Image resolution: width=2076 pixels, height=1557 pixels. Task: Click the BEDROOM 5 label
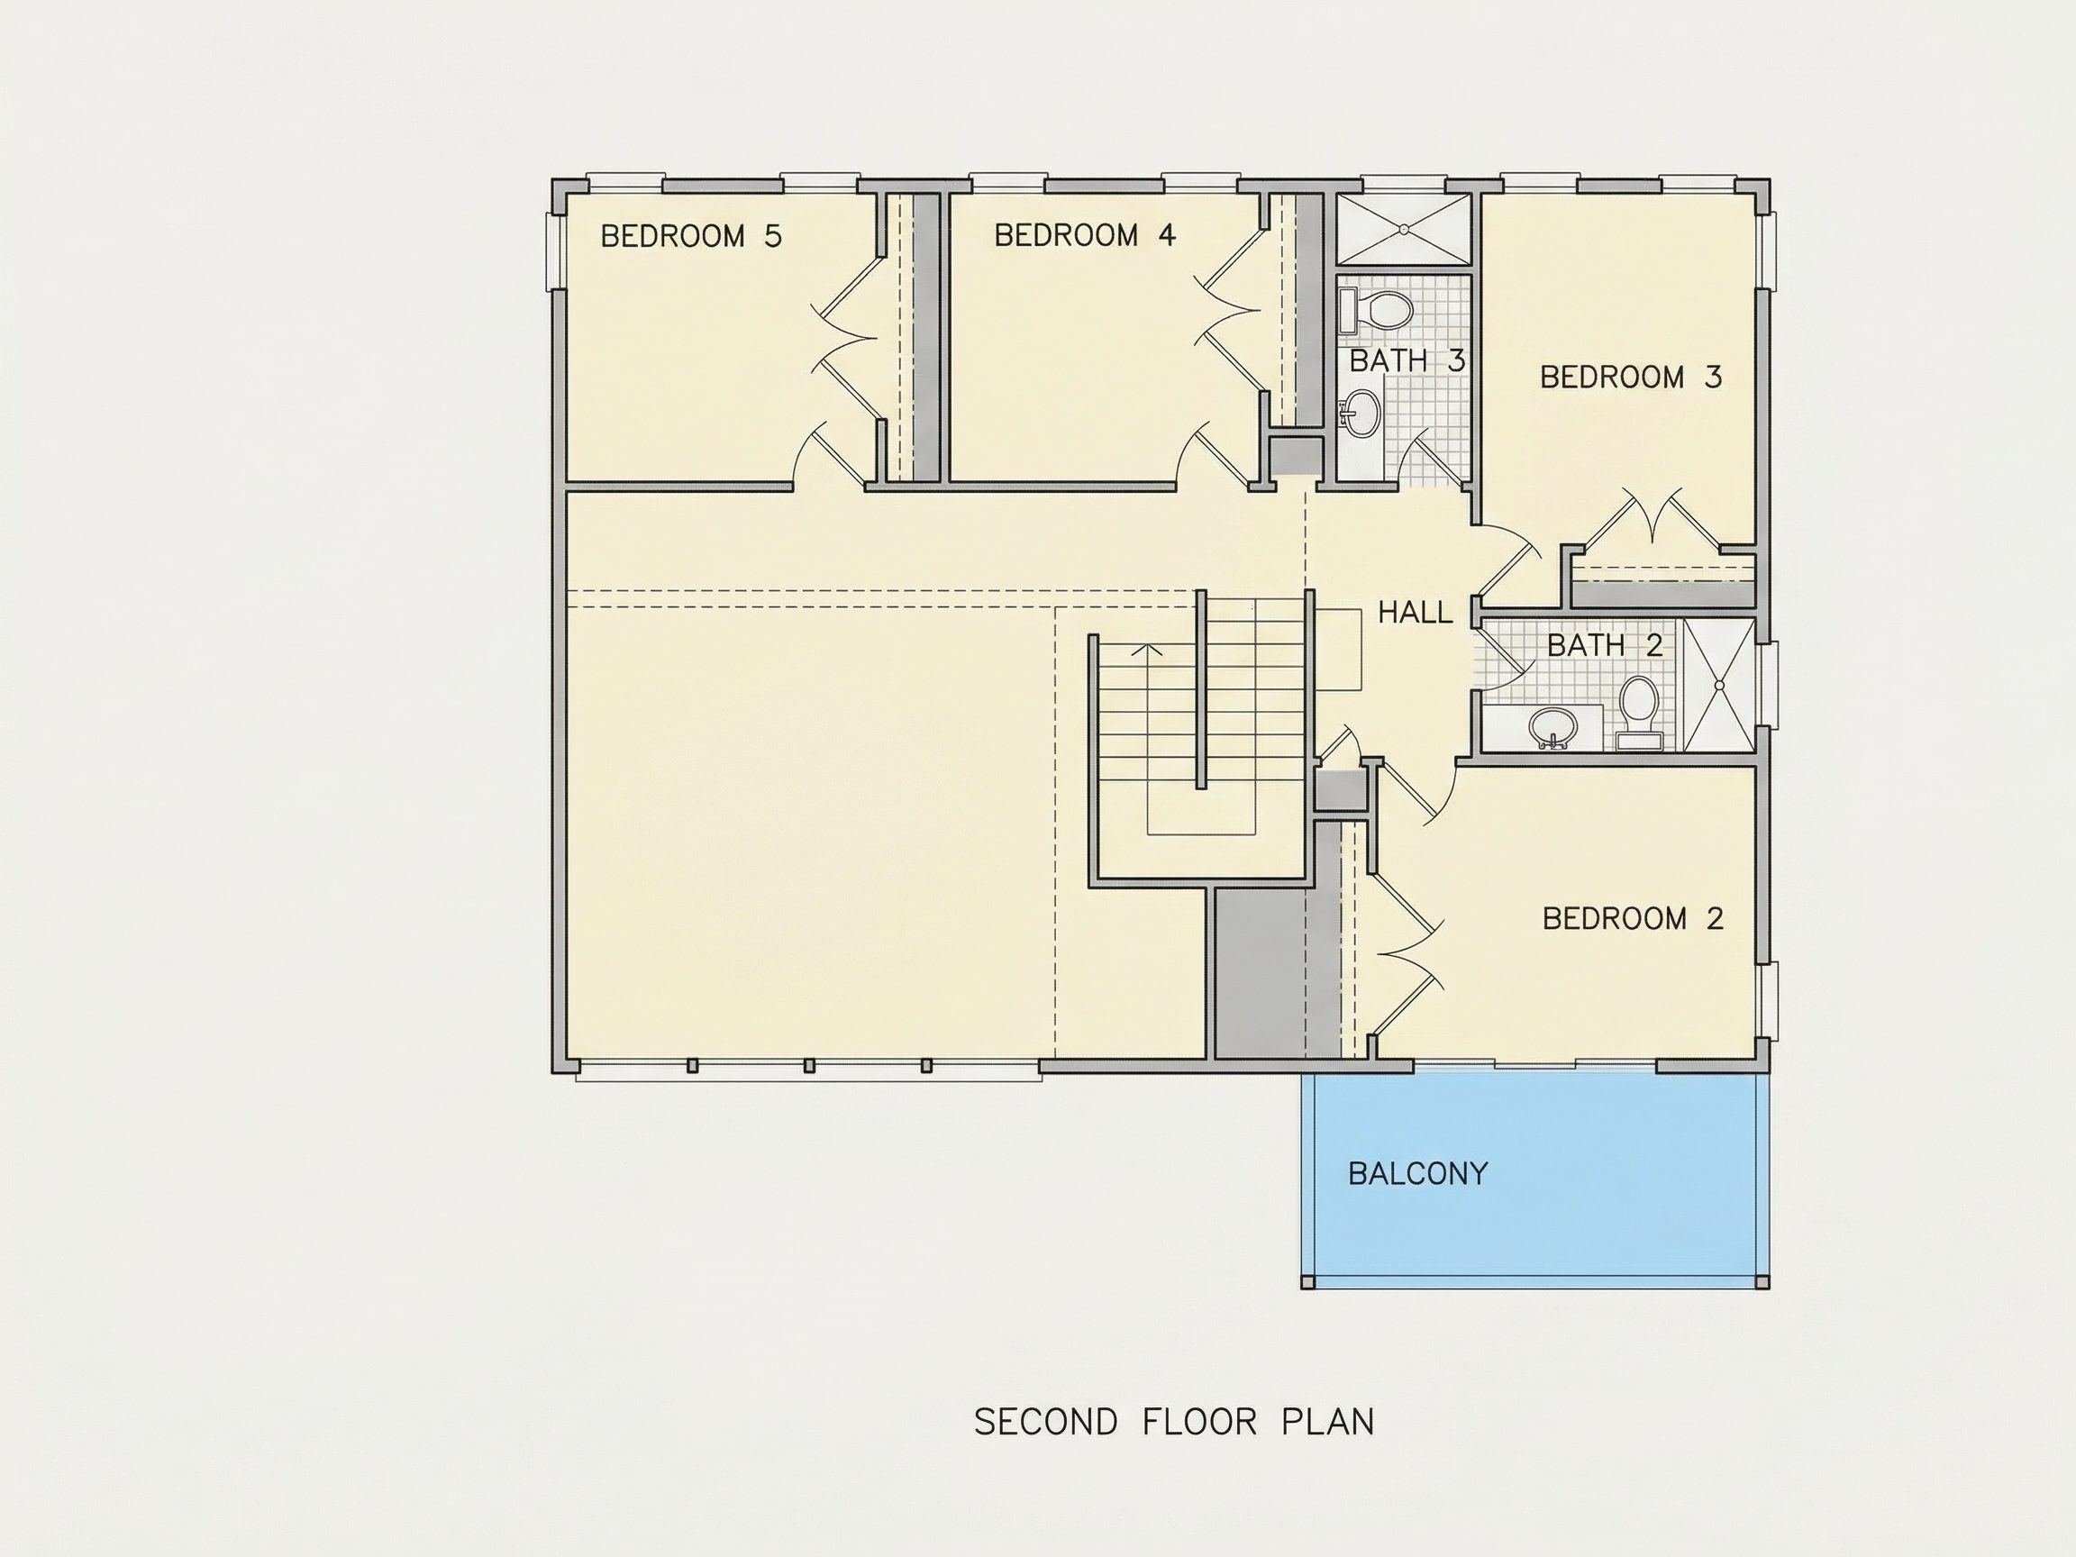click(x=691, y=235)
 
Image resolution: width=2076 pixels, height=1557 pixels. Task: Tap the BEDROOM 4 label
click(x=1085, y=234)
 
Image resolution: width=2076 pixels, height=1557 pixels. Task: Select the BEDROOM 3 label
click(x=1631, y=378)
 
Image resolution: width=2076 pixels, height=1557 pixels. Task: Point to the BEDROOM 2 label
click(x=1633, y=918)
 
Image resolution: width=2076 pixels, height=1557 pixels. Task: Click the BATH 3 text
click(x=1407, y=360)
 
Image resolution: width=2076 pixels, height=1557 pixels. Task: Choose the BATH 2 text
click(x=1605, y=645)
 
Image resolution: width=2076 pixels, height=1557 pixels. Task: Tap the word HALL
click(x=1416, y=613)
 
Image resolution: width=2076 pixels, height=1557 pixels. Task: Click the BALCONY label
click(x=1418, y=1173)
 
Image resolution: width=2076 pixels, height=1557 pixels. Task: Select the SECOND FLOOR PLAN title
click(x=1174, y=1422)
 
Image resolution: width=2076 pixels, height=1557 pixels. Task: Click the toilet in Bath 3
click(x=1376, y=310)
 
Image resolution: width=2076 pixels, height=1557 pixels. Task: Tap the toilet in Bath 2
click(x=1640, y=712)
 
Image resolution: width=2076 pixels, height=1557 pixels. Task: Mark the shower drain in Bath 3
click(x=1404, y=228)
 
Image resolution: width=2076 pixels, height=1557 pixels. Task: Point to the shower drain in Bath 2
click(x=1719, y=685)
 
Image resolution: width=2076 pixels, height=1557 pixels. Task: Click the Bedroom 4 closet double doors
click(x=1229, y=312)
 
